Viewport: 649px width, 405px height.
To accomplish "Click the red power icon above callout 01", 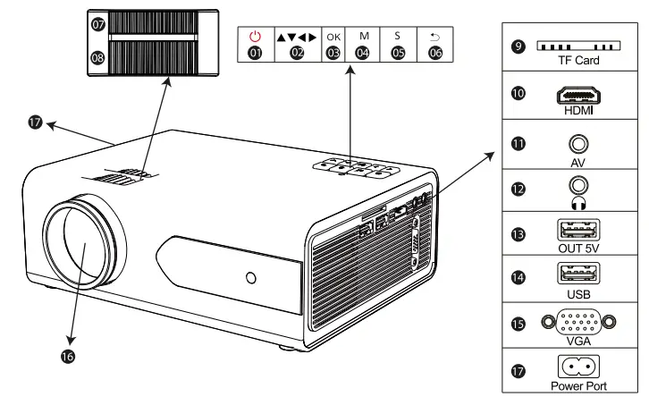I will click(x=256, y=36).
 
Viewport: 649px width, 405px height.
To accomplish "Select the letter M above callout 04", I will click(x=363, y=36).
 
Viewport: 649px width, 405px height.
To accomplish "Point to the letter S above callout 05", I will click(x=398, y=36).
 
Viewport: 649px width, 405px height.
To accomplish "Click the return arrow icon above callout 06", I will click(x=434, y=36).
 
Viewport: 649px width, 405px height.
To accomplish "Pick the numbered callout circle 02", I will click(x=298, y=54).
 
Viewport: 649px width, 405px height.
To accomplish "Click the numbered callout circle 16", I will click(x=68, y=356).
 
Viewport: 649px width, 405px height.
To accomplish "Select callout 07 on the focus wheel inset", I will click(x=97, y=25).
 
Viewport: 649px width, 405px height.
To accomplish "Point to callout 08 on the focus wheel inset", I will click(x=97, y=59).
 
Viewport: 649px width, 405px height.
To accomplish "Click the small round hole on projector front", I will click(x=251, y=278).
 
